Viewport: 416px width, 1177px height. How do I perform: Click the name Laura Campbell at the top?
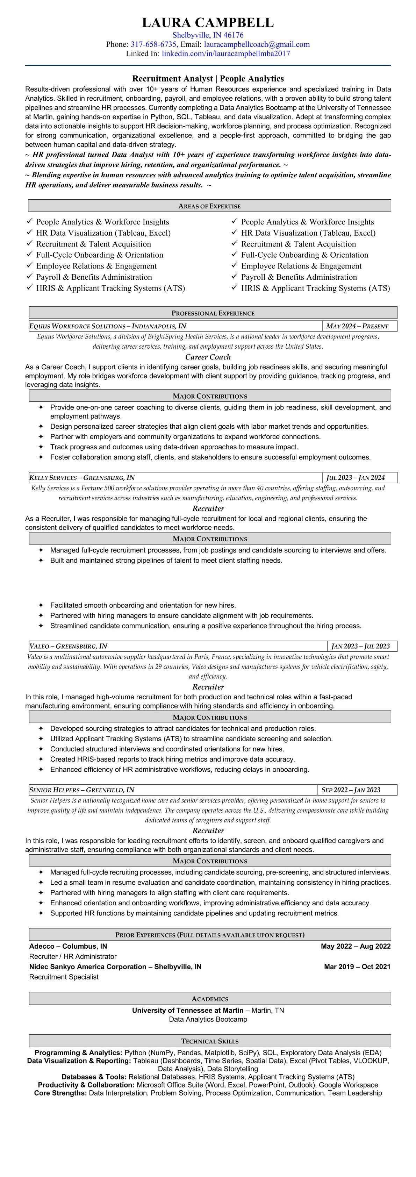tap(208, 22)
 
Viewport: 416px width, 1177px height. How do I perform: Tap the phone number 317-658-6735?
tap(153, 44)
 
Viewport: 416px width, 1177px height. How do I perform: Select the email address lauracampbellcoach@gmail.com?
tap(257, 44)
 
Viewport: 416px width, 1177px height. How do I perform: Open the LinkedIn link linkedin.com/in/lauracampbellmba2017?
tap(225, 53)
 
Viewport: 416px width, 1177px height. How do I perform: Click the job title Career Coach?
tap(208, 357)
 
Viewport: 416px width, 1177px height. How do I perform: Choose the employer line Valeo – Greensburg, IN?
tap(69, 646)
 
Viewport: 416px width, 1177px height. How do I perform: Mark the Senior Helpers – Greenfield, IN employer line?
tap(82, 790)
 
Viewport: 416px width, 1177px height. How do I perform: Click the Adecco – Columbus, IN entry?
tap(68, 946)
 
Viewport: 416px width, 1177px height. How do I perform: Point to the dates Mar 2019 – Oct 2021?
tap(357, 967)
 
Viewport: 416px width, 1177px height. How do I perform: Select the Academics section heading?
tap(210, 999)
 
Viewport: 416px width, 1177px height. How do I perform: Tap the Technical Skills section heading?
tap(210, 1041)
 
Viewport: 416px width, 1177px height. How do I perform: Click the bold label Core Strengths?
tap(60, 1093)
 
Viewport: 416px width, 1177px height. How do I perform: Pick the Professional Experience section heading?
tap(213, 313)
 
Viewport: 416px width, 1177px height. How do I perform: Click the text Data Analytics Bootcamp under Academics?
tap(208, 1019)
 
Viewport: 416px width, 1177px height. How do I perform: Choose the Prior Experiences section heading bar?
tap(210, 935)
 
